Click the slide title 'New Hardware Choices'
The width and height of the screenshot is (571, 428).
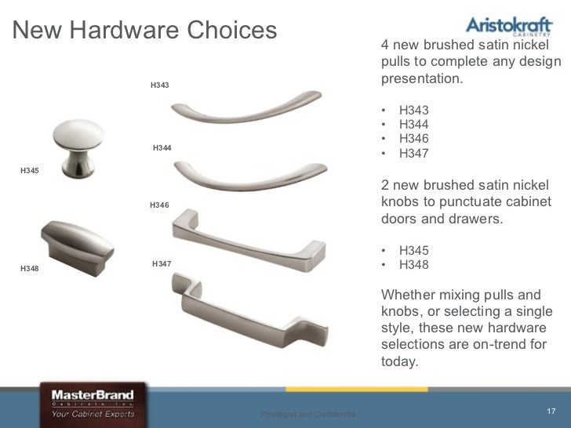[x=146, y=31]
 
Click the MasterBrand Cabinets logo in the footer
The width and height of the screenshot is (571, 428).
[x=93, y=403]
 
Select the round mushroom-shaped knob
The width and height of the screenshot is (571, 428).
[x=78, y=147]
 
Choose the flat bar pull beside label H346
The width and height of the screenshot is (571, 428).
[x=247, y=240]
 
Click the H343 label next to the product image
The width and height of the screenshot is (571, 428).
[x=159, y=85]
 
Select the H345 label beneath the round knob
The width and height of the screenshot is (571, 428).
[x=29, y=170]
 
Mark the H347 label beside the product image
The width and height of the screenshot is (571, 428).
[x=162, y=264]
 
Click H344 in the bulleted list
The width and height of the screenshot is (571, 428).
[x=413, y=125]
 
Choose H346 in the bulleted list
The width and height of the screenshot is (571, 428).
[x=413, y=139]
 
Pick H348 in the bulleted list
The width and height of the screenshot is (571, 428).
[x=413, y=265]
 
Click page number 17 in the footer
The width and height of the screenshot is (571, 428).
[x=550, y=412]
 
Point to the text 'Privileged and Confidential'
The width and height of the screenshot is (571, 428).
[x=308, y=414]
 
